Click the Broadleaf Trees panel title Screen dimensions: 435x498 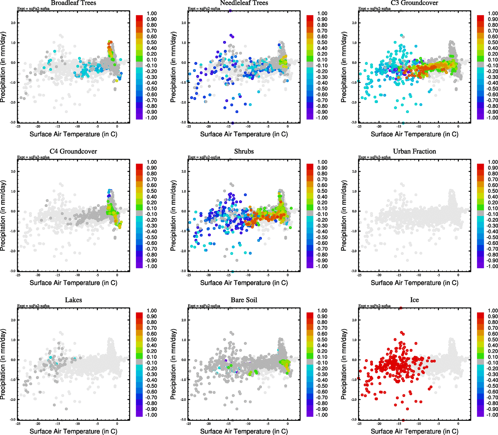[73, 3]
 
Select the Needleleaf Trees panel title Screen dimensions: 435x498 [244, 3]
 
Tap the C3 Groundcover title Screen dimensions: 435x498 [414, 3]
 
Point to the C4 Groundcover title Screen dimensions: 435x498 [73, 151]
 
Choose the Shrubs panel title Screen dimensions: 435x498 [244, 151]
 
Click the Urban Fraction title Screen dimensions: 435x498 [414, 151]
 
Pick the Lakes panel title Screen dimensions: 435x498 [73, 300]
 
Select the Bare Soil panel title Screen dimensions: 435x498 [244, 300]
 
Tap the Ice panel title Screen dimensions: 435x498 [414, 300]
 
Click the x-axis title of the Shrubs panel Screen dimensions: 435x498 [244, 283]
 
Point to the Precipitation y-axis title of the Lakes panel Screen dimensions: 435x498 [3, 364]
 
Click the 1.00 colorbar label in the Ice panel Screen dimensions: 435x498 [493, 311]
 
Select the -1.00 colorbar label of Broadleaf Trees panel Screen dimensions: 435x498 [151, 118]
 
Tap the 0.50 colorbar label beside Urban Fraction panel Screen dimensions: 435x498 [493, 191]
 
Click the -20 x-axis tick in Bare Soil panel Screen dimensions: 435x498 [208, 423]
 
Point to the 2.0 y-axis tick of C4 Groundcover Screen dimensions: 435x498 [13, 171]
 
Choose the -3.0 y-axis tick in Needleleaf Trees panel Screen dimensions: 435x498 [184, 123]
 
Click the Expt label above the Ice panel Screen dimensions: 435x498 [374, 306]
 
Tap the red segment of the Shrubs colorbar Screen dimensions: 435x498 [310, 166]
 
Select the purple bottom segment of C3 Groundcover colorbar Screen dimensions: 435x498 [480, 116]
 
